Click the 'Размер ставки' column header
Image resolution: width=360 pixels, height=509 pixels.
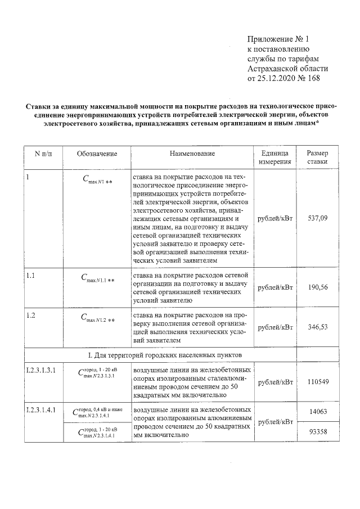[x=318, y=157]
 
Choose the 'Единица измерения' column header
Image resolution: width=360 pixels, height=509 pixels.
[x=274, y=157]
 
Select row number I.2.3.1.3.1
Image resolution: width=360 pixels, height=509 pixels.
[x=41, y=371]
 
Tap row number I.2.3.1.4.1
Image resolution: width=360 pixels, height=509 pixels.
[x=41, y=410]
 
